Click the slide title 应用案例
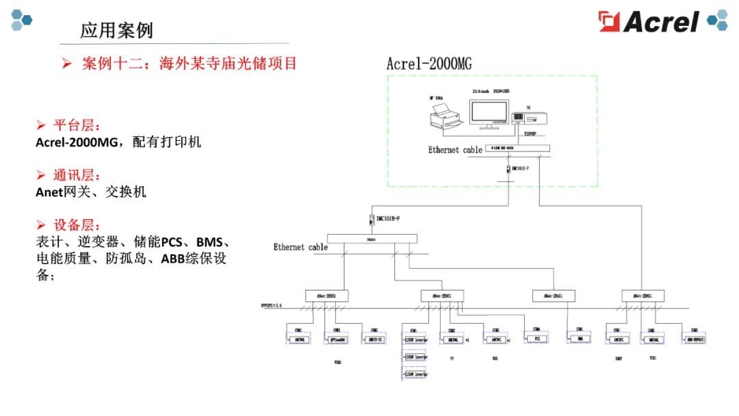pyautogui.click(x=116, y=31)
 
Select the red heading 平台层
pyautogui.click(x=77, y=125)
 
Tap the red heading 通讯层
pyautogui.click(x=77, y=175)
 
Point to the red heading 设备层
pyautogui.click(x=77, y=225)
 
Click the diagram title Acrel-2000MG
pyautogui.click(x=429, y=64)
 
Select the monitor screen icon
pyautogui.click(x=489, y=114)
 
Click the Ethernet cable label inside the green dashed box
pyautogui.click(x=455, y=150)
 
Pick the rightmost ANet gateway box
pyautogui.click(x=642, y=296)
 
